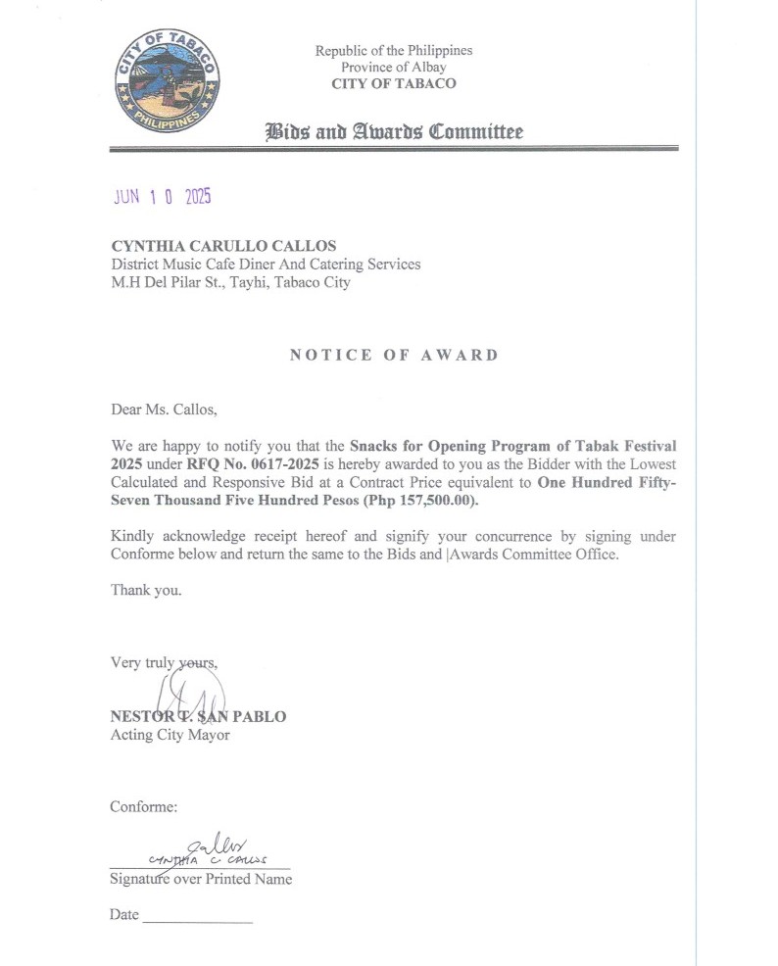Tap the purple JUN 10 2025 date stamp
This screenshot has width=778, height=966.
(x=162, y=196)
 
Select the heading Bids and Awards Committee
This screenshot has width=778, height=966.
(x=394, y=132)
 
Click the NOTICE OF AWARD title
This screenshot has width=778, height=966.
(x=394, y=355)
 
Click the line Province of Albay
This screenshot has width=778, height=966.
(x=393, y=67)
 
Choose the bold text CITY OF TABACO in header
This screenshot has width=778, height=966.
(x=393, y=83)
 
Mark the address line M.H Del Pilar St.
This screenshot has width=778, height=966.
(x=230, y=283)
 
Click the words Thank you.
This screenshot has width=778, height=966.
(x=146, y=590)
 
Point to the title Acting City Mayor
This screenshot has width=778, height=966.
(x=170, y=734)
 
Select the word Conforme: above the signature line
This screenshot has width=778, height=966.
(x=144, y=807)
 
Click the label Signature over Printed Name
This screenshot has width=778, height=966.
(x=201, y=878)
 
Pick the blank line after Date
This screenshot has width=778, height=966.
(x=198, y=920)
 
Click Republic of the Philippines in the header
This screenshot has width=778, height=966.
(x=393, y=50)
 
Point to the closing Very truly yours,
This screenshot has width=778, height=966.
(x=164, y=662)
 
